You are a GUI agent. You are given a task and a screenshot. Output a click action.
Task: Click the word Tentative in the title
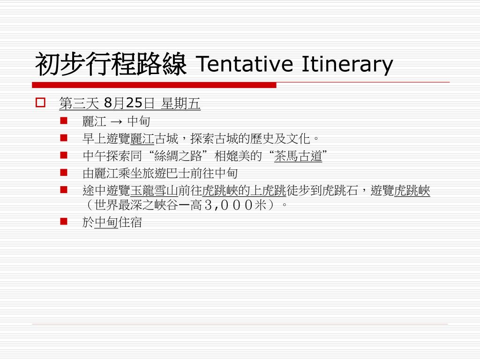click(x=244, y=64)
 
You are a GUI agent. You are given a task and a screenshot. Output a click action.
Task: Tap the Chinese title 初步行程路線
click(x=111, y=64)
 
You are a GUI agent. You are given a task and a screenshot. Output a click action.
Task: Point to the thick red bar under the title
click(x=154, y=85)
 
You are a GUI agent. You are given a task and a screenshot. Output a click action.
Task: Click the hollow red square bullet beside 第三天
click(x=40, y=102)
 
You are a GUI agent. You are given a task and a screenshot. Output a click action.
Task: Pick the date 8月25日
click(x=129, y=103)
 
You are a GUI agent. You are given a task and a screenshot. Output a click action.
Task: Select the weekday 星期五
click(x=180, y=103)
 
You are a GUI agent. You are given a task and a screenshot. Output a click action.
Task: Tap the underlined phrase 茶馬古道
click(x=298, y=156)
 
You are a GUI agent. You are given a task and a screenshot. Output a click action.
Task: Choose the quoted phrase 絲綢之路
click(x=178, y=156)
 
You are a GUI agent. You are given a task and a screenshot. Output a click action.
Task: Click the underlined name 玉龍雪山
click(x=154, y=191)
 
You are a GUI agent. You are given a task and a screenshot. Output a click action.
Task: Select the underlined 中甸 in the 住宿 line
click(x=106, y=222)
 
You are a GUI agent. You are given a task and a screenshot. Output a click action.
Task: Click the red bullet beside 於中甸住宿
click(x=64, y=221)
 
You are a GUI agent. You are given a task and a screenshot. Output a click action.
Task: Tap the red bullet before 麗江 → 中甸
click(x=64, y=120)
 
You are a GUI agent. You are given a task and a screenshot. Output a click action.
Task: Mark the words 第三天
click(x=79, y=103)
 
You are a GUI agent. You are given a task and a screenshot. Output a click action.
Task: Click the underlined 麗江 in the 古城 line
click(x=142, y=139)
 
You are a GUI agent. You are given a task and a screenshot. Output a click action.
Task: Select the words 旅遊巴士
click(x=166, y=173)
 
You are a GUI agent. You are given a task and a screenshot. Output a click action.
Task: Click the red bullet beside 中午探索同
click(x=64, y=155)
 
